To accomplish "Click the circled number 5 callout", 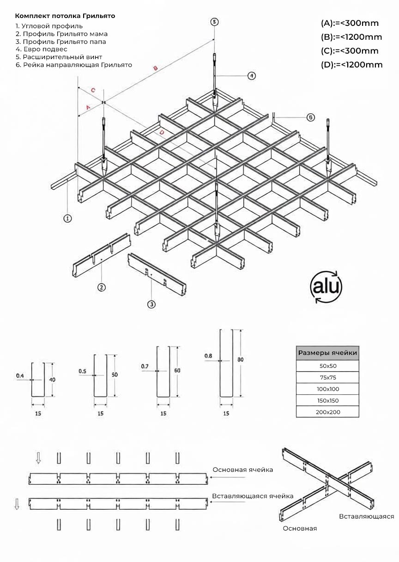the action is (x=214, y=22).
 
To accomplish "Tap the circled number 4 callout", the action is (x=251, y=75).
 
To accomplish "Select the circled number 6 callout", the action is (x=310, y=117).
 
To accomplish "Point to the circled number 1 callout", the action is (x=67, y=218).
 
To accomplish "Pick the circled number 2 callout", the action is (x=101, y=287).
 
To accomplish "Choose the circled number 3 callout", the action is (x=151, y=304).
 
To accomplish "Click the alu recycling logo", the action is (x=326, y=287).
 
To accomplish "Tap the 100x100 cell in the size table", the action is (x=327, y=389).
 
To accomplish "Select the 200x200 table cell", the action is (x=327, y=412).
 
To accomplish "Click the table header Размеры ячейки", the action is (x=327, y=353).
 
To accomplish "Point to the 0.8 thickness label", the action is (x=208, y=356).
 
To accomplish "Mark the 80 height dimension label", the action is (x=240, y=360).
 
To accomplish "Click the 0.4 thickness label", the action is (x=20, y=376).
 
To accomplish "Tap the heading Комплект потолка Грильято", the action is (x=65, y=16).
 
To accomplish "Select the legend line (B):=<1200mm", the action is (x=351, y=37).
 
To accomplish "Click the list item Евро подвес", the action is (x=42, y=49).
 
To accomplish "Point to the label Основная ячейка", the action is (x=242, y=470).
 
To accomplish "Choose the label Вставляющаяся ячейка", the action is (x=253, y=496).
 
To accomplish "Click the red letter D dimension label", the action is (x=162, y=132).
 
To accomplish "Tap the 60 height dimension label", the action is (x=177, y=371).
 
